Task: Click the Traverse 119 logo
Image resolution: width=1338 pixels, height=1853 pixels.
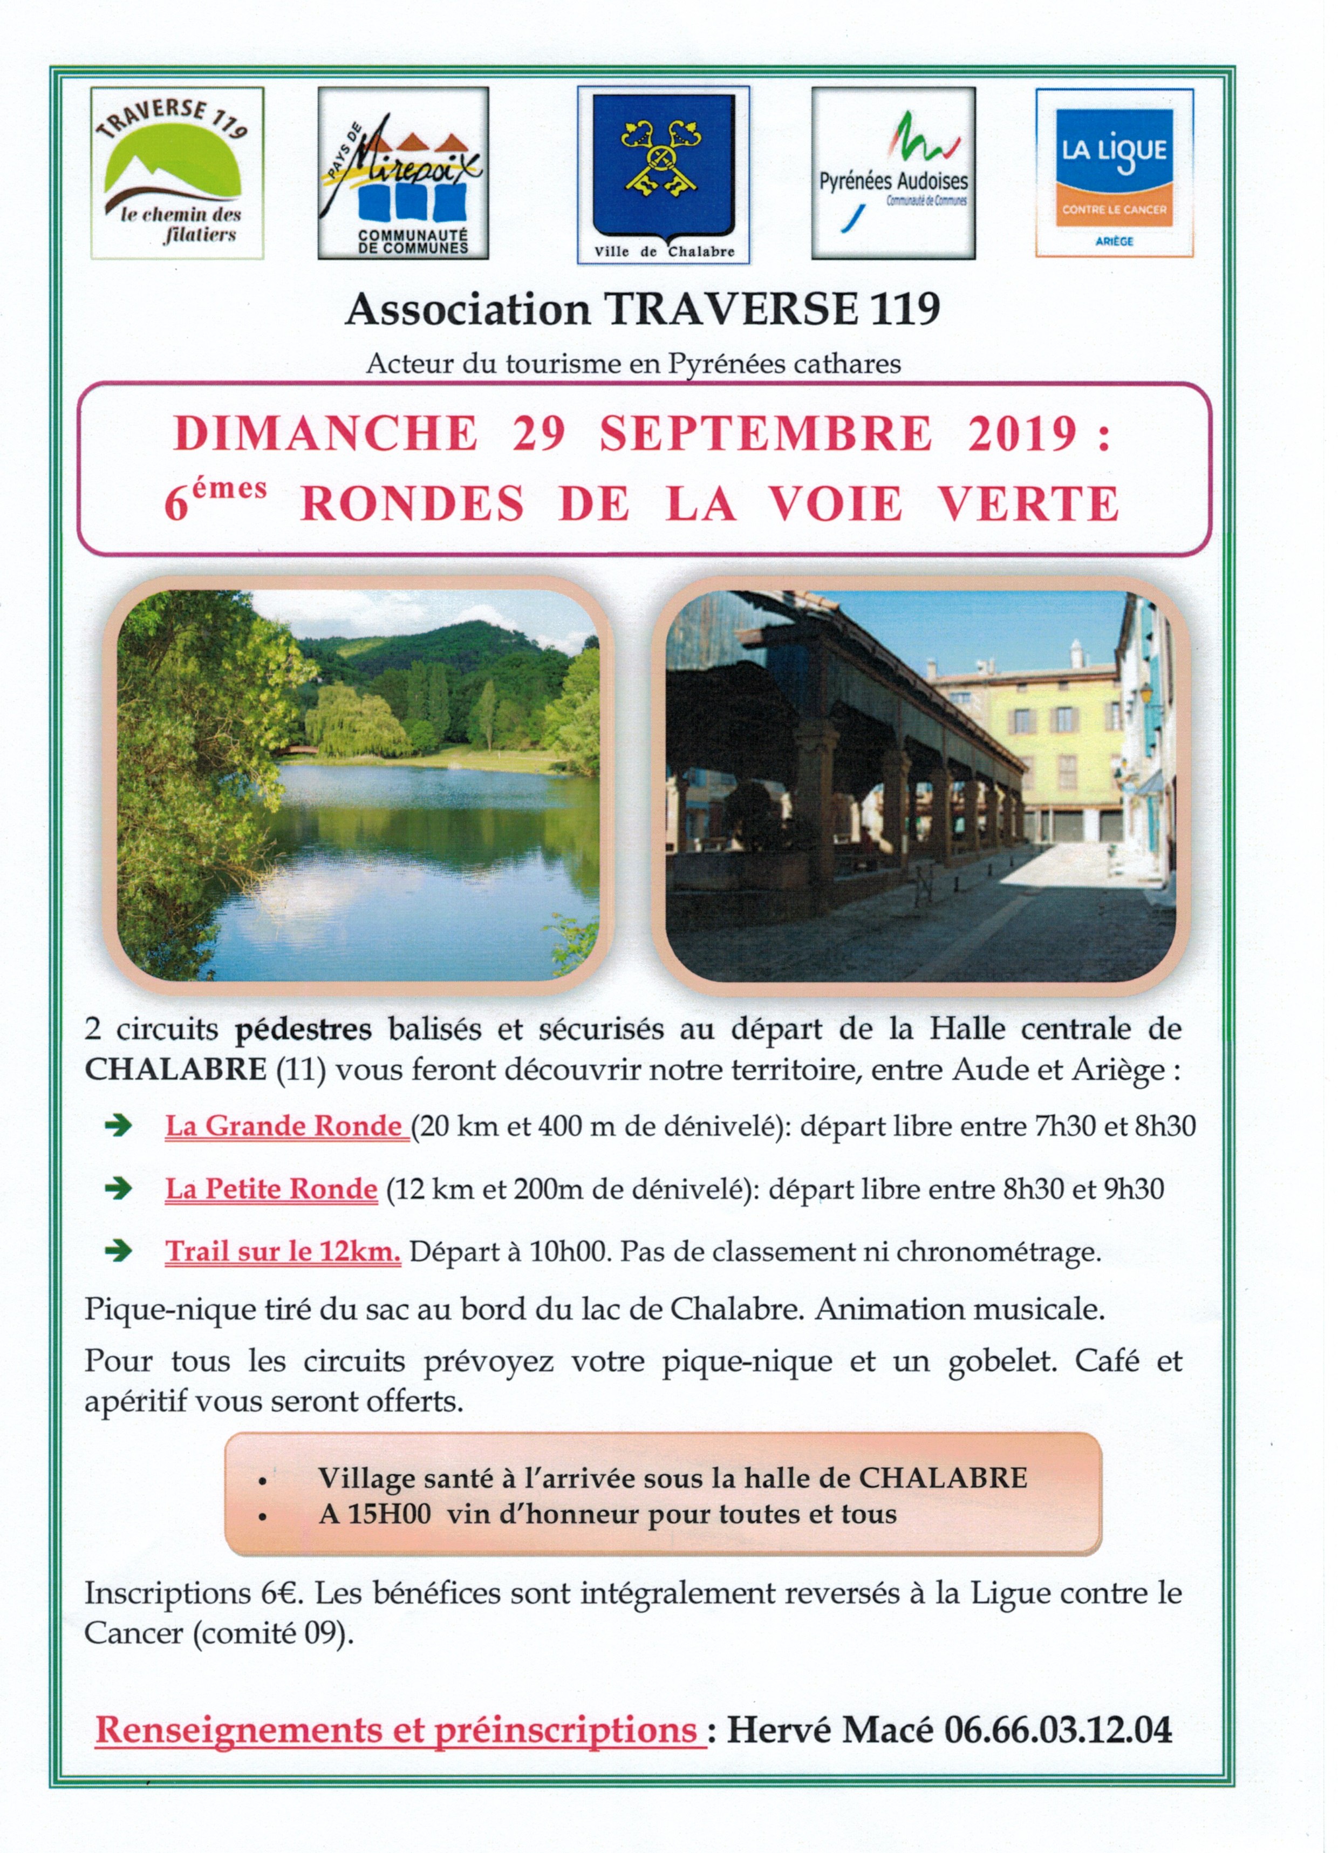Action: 176,173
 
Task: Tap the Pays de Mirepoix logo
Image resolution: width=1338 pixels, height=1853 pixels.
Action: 402,173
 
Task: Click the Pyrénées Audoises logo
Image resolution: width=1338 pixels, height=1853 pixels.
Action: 893,173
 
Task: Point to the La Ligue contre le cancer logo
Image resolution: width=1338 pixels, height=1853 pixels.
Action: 1114,173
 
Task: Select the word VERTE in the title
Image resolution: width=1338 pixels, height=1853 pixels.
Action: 1028,503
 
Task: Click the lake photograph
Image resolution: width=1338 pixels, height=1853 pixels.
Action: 358,785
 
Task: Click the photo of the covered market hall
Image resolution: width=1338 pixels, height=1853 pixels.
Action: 920,785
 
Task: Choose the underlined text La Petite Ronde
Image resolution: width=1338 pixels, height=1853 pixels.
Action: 271,1189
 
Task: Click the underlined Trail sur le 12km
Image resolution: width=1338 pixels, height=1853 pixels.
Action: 283,1251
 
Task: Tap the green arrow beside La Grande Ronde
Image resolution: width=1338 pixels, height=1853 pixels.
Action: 119,1126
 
